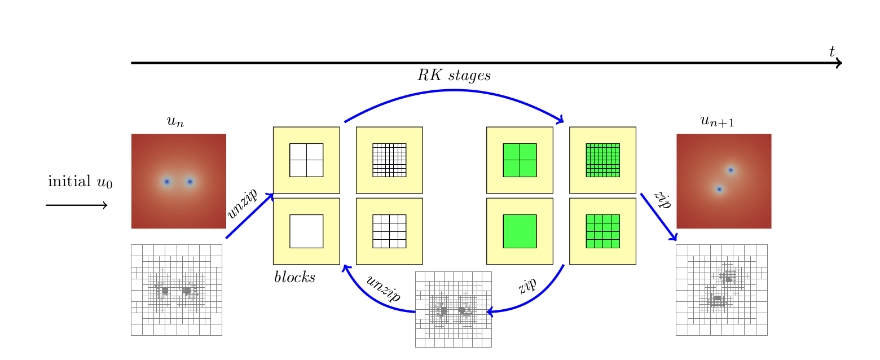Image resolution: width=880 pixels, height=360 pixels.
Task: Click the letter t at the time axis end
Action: click(832, 52)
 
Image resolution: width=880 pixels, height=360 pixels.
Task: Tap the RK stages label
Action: click(454, 76)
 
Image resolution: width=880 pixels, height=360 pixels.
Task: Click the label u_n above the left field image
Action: click(175, 121)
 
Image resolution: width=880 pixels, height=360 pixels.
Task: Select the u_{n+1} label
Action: click(717, 121)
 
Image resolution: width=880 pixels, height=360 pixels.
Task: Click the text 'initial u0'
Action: click(80, 182)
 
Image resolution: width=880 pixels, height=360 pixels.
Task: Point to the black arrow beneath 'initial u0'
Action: click(77, 205)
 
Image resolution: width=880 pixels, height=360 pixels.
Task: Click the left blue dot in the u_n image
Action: click(166, 182)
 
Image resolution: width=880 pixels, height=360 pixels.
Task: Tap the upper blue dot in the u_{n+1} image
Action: click(731, 170)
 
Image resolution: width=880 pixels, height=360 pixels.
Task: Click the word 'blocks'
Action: click(294, 277)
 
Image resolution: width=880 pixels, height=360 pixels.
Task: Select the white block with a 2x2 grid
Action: click(306, 160)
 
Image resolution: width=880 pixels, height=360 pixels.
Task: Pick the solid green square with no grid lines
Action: click(520, 231)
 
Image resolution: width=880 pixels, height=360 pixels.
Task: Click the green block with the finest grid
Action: click(602, 160)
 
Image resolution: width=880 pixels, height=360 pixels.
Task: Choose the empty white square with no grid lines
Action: click(306, 231)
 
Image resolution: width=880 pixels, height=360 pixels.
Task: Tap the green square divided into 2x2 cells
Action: click(520, 160)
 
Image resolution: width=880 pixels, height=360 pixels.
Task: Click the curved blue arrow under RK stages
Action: click(454, 92)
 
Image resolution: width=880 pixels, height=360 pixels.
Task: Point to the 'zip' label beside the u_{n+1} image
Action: click(661, 201)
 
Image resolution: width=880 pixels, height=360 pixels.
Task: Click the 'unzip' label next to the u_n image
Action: click(242, 204)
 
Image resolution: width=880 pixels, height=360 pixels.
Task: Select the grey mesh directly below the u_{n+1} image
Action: click(721, 290)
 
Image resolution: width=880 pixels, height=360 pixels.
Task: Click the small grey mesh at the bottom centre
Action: click(453, 309)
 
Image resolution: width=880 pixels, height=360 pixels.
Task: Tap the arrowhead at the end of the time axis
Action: click(839, 63)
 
